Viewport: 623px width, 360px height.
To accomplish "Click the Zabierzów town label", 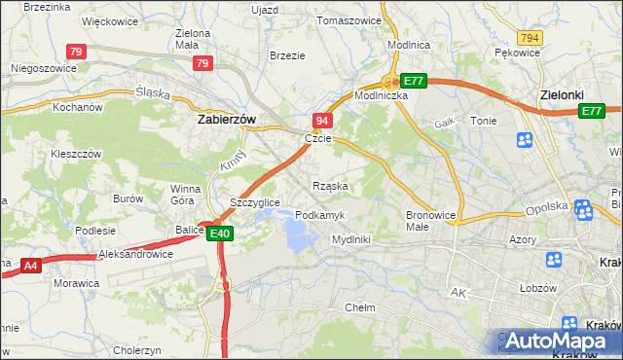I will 226,119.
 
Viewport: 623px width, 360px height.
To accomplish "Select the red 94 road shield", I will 323,120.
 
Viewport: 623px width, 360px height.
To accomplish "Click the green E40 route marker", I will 219,233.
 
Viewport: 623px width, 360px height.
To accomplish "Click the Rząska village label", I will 330,185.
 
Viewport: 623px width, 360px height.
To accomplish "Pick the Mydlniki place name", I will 350,238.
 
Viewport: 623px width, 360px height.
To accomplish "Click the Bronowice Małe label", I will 429,220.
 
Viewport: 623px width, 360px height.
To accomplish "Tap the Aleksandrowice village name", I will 135,254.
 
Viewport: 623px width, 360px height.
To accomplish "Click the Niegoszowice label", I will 42,69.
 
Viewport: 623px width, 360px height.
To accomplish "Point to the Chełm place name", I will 360,307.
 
